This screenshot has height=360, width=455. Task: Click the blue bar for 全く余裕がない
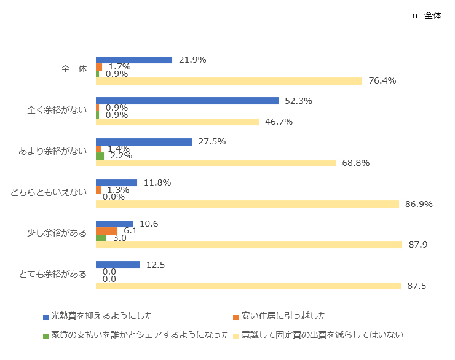pos(188,101)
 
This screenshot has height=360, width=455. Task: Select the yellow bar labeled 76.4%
pos(229,81)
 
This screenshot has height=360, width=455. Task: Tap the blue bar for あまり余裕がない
pos(144,142)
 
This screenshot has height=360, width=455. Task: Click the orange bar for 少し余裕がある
pos(106,231)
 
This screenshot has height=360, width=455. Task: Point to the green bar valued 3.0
pos(101,238)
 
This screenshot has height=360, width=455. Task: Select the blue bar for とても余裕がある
pos(117,265)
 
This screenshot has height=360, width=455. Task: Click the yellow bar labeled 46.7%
pos(177,122)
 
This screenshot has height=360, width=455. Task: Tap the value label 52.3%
pos(299,101)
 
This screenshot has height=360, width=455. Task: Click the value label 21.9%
pos(192,60)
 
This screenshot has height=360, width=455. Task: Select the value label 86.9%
pos(419,204)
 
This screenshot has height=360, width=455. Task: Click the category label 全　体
pos(74,69)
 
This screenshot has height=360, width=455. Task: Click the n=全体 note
pos(427,16)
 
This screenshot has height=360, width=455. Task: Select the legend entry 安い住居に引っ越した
pos(283,316)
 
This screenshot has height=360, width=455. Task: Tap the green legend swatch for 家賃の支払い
pos(45,336)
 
